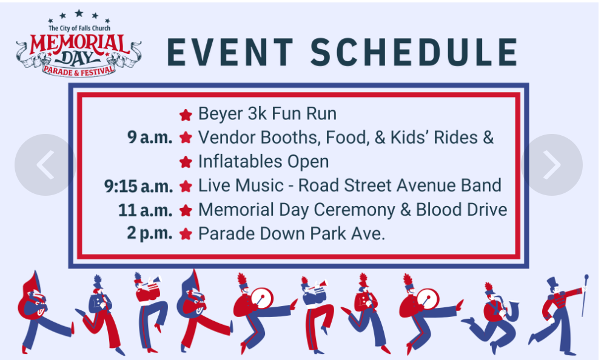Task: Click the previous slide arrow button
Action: [45, 165]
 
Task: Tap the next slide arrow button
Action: [552, 165]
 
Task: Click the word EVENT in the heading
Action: [230, 52]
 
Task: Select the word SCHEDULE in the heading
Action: [414, 52]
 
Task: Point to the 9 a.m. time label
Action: [150, 138]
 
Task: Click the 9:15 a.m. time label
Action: [138, 186]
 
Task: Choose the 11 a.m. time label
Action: [145, 210]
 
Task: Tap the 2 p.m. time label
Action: [149, 233]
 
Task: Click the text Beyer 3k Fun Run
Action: [267, 113]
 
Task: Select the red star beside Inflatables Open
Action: [186, 162]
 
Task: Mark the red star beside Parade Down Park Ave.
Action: [186, 234]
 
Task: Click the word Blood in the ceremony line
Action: [438, 210]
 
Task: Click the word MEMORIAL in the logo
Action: [79, 44]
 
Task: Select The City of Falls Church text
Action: [79, 28]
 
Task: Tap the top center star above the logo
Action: [79, 13]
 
